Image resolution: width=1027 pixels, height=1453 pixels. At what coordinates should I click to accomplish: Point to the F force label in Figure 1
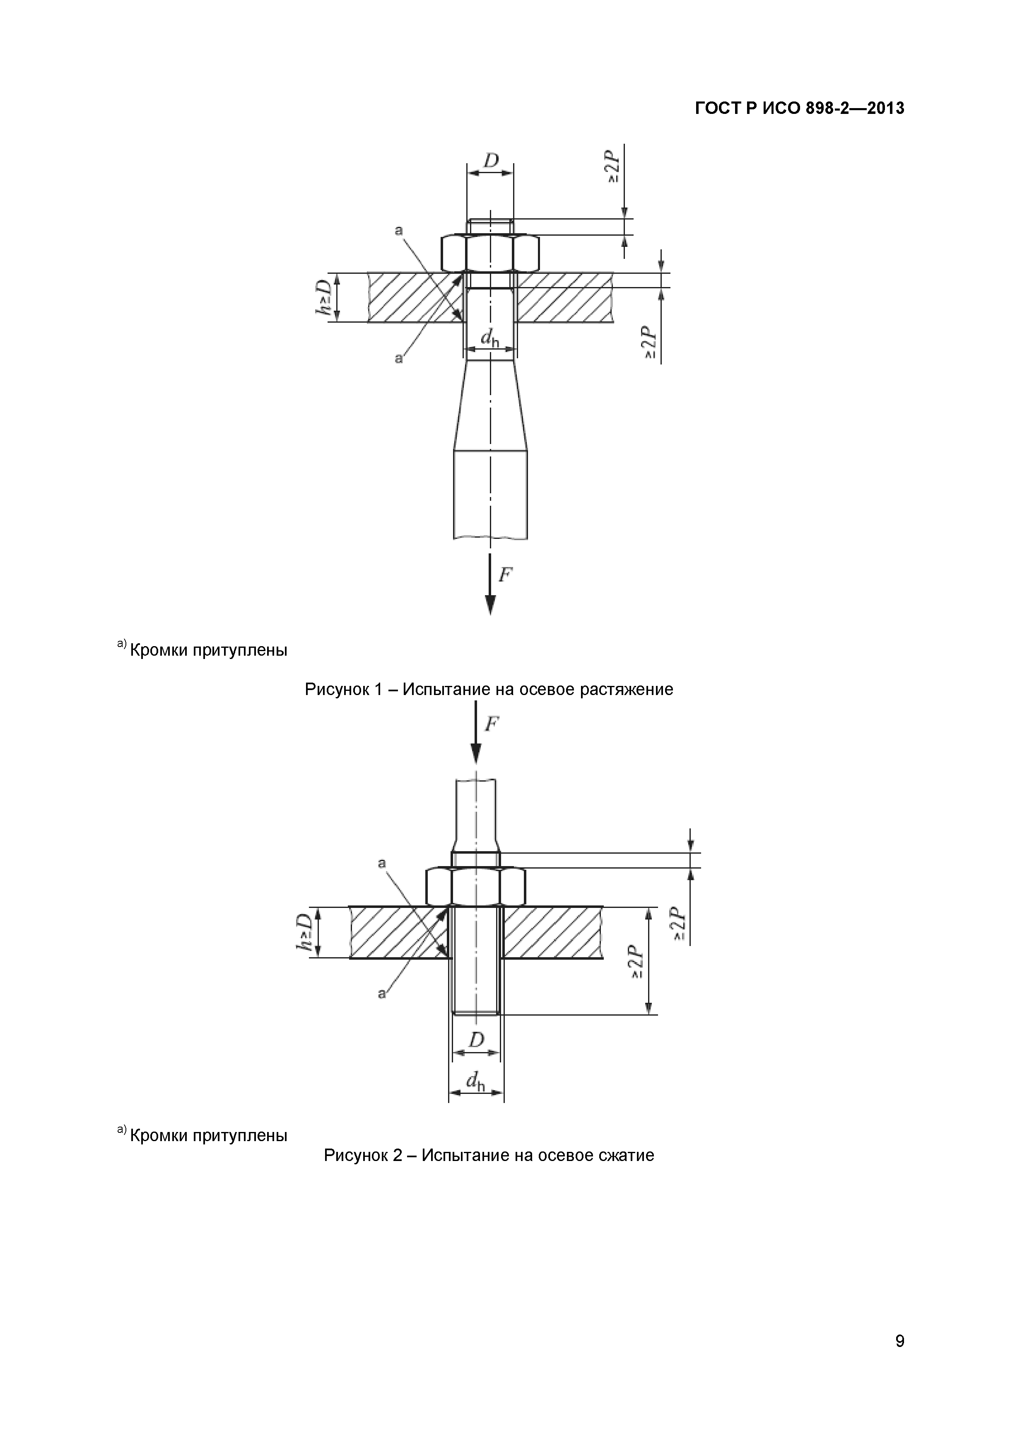[505, 574]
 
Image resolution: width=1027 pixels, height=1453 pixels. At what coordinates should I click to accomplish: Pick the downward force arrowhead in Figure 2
[476, 753]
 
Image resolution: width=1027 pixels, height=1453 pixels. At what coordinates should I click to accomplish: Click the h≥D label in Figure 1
[325, 297]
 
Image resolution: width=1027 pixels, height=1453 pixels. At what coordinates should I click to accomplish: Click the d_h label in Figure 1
[489, 339]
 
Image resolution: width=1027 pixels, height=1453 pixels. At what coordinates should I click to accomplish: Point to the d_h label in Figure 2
[475, 1082]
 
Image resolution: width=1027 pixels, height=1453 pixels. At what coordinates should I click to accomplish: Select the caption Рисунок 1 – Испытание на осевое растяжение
[489, 689]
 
